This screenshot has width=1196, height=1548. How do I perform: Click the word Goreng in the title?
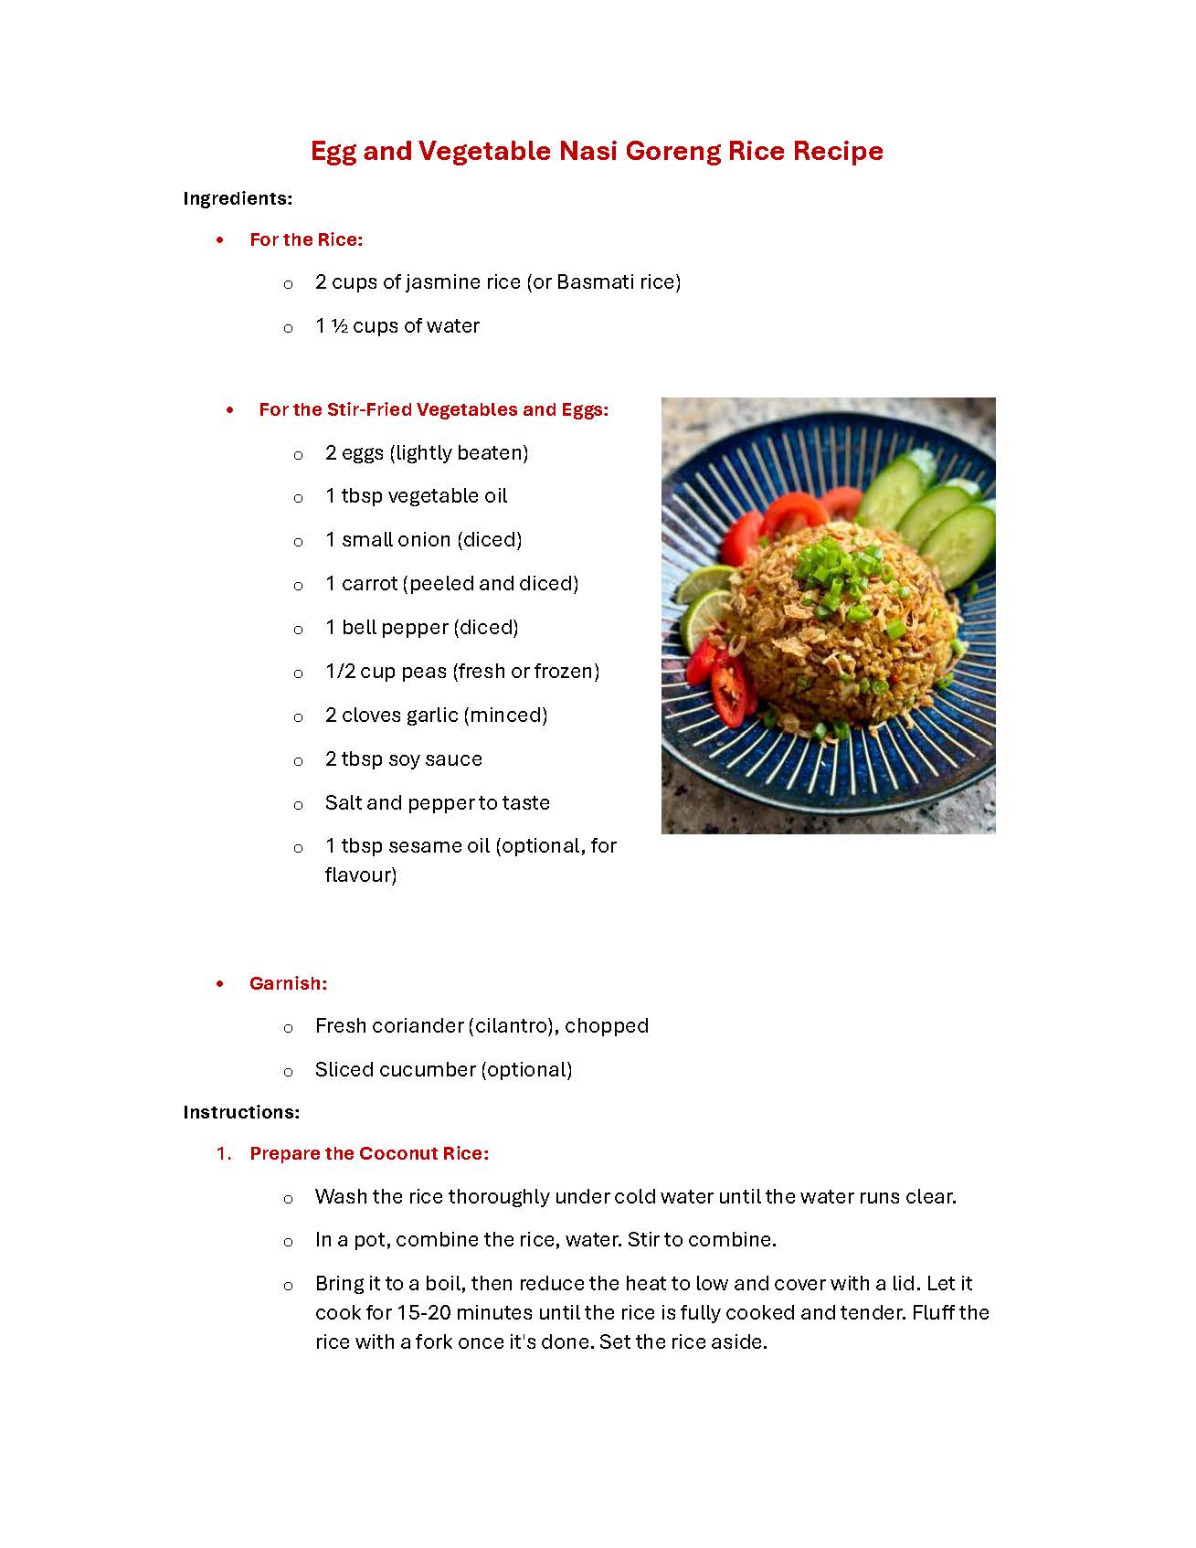click(672, 151)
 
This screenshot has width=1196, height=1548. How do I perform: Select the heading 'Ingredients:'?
click(238, 198)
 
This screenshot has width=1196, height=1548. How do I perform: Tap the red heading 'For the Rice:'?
click(306, 239)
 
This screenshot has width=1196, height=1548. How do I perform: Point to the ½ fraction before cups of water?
click(339, 326)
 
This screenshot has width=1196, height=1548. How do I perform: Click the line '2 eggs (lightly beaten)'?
click(427, 452)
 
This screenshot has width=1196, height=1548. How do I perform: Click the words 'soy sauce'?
click(435, 758)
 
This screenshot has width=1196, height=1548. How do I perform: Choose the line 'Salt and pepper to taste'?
click(437, 802)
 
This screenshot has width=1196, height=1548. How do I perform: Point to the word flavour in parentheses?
click(359, 875)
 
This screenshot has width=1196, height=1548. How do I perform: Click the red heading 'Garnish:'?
click(288, 983)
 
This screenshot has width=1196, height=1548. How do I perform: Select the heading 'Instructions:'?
click(241, 1112)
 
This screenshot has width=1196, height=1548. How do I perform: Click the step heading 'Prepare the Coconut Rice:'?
click(369, 1153)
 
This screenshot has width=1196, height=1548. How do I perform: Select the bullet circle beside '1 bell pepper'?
click(298, 630)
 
